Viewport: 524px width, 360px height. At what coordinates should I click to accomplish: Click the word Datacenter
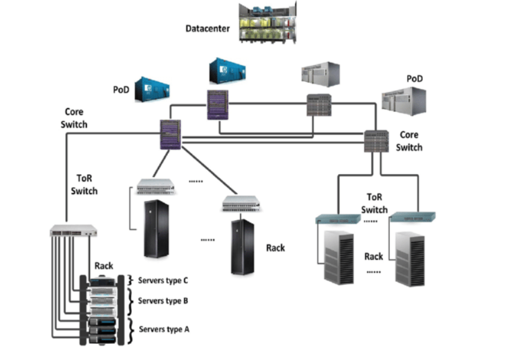(x=208, y=29)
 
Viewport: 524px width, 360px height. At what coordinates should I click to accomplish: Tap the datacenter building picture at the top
(x=266, y=23)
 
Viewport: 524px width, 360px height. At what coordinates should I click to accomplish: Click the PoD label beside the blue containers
(x=121, y=90)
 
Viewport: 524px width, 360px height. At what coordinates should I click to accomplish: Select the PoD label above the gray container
(x=415, y=79)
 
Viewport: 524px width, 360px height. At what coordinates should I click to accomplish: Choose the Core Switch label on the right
(x=409, y=141)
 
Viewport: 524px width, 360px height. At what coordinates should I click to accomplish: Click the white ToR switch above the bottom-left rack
(x=73, y=231)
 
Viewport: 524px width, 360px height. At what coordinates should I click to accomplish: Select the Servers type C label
(x=162, y=280)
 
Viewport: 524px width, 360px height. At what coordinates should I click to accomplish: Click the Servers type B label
(x=163, y=301)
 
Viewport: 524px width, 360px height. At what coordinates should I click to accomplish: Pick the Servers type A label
(x=163, y=329)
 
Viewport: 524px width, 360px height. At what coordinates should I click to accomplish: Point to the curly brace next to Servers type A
(x=130, y=329)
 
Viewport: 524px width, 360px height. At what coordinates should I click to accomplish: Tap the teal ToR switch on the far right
(x=413, y=217)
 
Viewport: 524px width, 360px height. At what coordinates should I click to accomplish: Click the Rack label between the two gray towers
(x=374, y=256)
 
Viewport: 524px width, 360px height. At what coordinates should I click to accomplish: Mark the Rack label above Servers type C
(x=104, y=265)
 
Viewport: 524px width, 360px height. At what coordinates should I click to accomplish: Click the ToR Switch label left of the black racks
(x=84, y=185)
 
